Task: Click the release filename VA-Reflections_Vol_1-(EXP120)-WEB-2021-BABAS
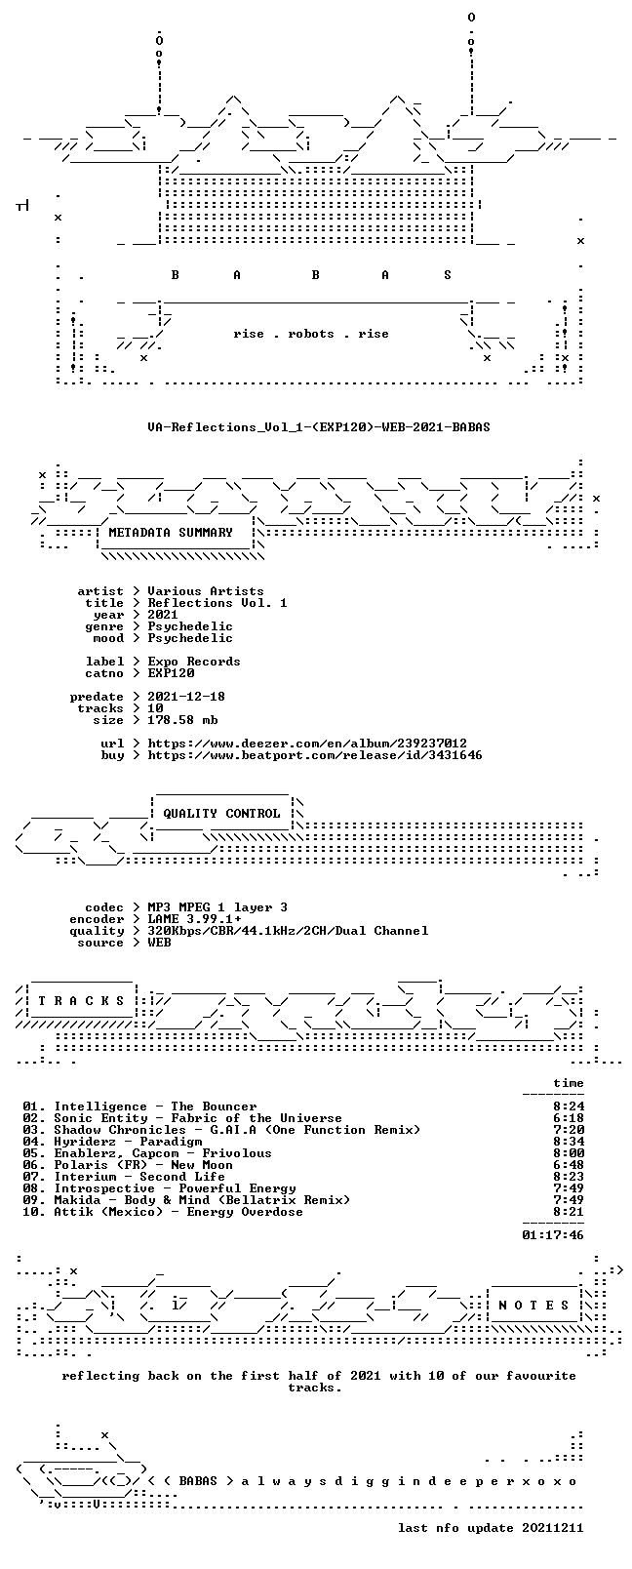click(x=319, y=427)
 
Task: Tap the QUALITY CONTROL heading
click(x=221, y=813)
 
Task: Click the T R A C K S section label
click(x=81, y=1001)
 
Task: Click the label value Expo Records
click(x=194, y=662)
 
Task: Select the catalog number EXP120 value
click(x=171, y=673)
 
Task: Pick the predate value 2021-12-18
click(x=186, y=697)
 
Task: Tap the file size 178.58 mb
click(x=182, y=720)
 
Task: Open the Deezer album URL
click(x=307, y=744)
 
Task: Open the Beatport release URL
click(x=315, y=755)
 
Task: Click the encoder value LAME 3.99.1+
click(x=194, y=919)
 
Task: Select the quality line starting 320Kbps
click(x=288, y=931)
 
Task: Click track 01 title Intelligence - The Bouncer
click(x=155, y=1106)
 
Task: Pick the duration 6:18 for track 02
click(x=569, y=1118)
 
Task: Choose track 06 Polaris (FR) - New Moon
click(x=143, y=1165)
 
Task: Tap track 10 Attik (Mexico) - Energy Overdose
click(x=178, y=1212)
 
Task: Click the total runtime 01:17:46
click(x=553, y=1235)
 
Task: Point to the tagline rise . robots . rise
click(x=311, y=334)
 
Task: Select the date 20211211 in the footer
click(x=553, y=1528)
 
